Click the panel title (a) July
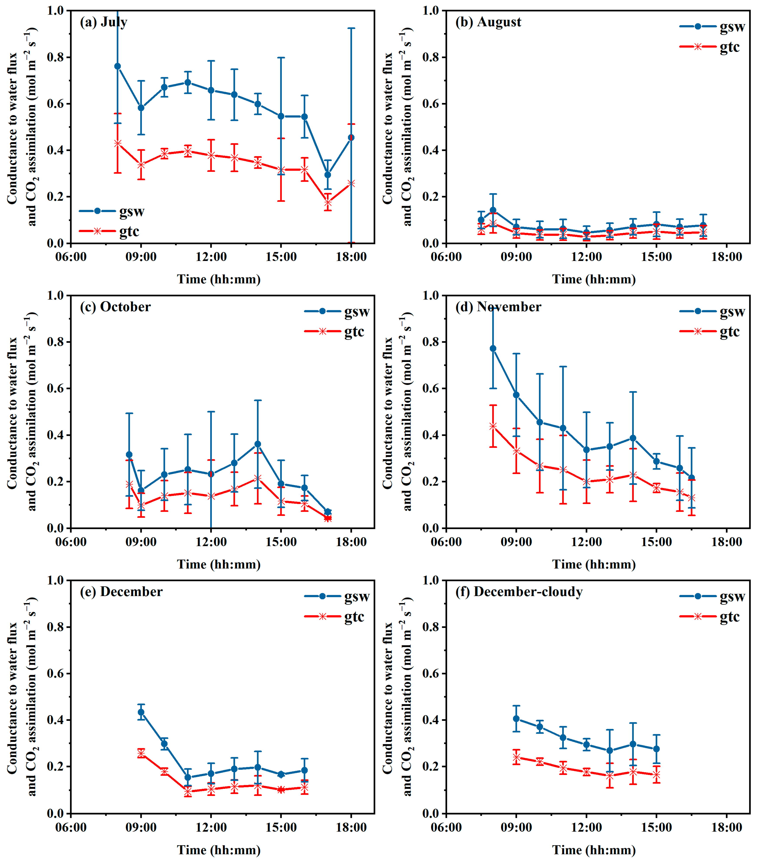(104, 22)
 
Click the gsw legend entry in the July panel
(112, 211)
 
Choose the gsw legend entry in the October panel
(337, 312)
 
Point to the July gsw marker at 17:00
(327, 175)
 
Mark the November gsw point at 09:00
(516, 395)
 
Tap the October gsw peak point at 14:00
(258, 444)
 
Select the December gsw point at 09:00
(141, 712)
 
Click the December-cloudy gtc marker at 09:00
(516, 757)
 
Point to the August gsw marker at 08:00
(493, 210)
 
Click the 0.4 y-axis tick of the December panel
(57, 720)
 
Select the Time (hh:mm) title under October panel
(218, 564)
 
